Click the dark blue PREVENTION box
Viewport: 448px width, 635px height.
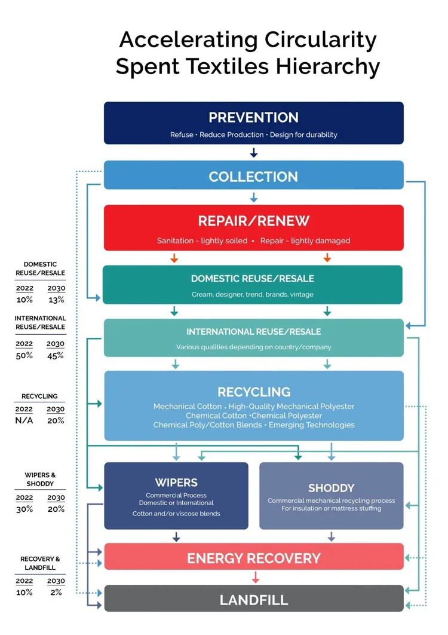click(253, 123)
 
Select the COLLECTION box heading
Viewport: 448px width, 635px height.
click(253, 176)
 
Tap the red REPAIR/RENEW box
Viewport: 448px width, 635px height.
click(253, 228)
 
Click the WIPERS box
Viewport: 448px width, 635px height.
click(176, 496)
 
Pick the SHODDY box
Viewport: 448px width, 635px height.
click(331, 496)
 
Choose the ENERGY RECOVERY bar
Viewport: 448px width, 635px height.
click(253, 558)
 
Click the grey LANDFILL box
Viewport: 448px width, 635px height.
click(253, 599)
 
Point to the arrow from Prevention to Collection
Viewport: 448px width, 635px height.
click(253, 152)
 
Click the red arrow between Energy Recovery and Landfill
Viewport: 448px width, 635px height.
click(256, 577)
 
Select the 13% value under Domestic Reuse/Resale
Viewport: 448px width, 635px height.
click(56, 300)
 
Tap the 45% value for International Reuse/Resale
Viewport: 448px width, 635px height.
click(56, 355)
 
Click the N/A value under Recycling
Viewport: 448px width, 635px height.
click(24, 420)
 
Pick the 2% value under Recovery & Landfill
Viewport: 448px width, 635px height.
click(56, 592)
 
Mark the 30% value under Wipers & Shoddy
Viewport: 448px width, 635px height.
click(24, 509)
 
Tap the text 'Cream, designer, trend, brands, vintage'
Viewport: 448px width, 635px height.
click(252, 294)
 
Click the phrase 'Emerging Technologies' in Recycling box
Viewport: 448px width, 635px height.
click(311, 425)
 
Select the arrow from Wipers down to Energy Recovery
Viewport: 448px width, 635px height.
click(176, 536)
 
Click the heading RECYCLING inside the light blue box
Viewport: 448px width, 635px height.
click(254, 392)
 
